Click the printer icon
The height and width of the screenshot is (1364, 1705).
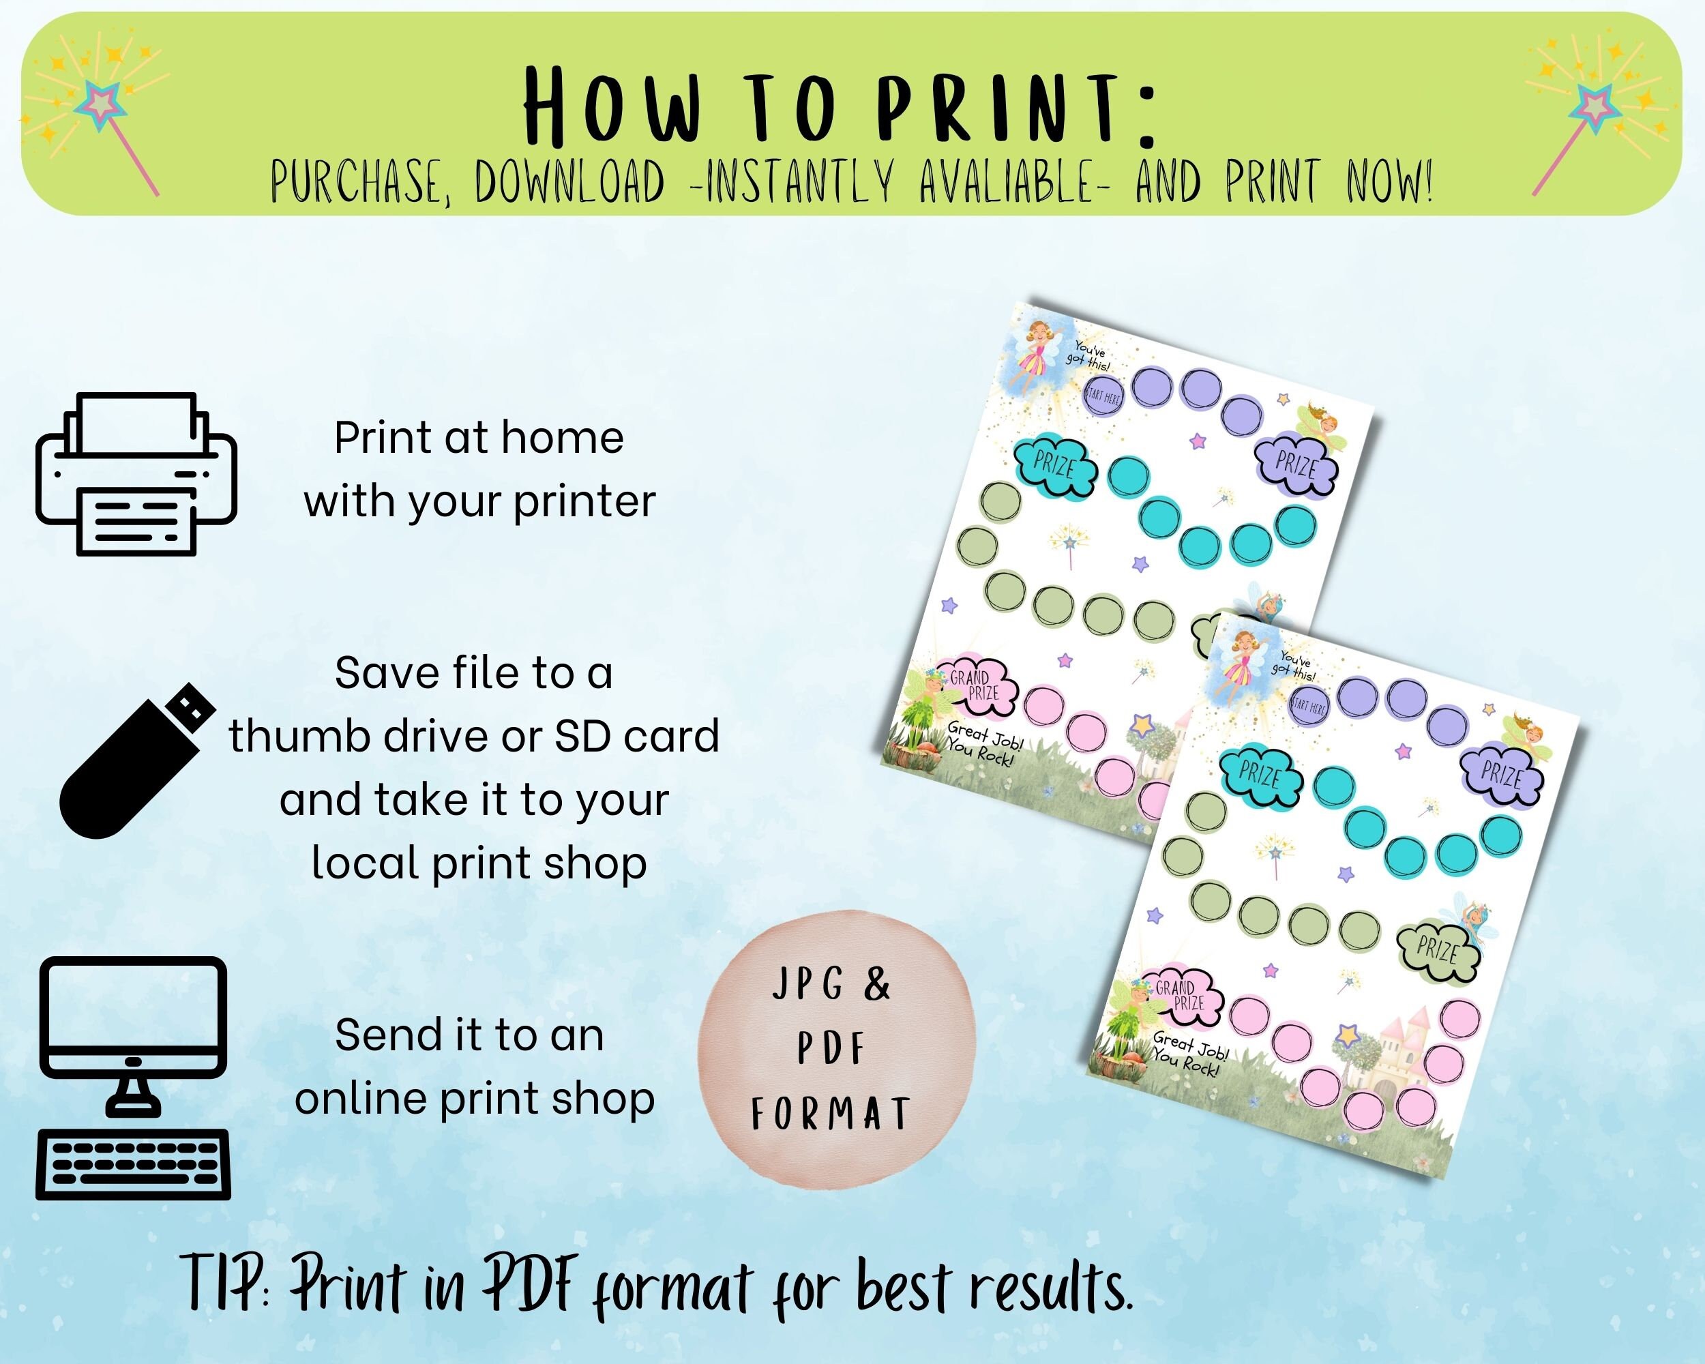click(x=136, y=475)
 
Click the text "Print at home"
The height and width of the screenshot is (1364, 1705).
click(x=479, y=438)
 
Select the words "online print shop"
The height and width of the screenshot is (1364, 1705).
click(x=475, y=1099)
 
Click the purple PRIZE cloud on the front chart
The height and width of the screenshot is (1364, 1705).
click(x=1501, y=775)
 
